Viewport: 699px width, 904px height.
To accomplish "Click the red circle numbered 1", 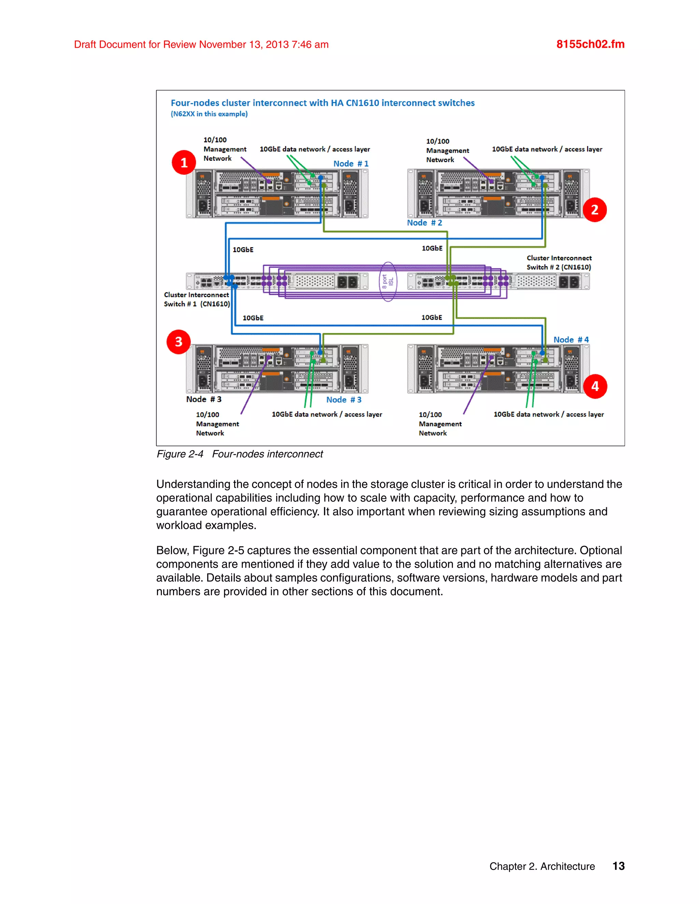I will click(x=184, y=162).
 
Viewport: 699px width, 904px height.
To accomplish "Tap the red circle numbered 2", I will click(x=595, y=209).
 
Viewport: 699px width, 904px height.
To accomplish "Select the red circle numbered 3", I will click(x=179, y=341).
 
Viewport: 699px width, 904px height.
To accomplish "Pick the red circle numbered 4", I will click(x=595, y=386).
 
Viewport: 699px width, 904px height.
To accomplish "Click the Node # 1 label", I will click(x=351, y=163).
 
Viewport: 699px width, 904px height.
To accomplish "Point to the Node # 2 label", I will click(x=425, y=223).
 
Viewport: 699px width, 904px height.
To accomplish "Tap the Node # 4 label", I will click(x=571, y=339).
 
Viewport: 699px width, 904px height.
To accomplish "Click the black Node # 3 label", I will click(x=204, y=399).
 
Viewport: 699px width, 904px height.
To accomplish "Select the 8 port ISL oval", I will click(x=388, y=281).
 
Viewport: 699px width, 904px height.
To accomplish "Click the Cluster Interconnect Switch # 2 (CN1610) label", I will click(x=559, y=262).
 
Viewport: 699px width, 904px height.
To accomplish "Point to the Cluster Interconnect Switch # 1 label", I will click(x=197, y=299).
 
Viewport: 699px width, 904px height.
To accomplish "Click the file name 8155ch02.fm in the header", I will click(x=590, y=44).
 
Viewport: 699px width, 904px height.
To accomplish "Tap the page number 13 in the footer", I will click(x=618, y=866).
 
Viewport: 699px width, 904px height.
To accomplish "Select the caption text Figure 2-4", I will click(x=180, y=454).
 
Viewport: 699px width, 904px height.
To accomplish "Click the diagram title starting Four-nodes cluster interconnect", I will click(x=323, y=103).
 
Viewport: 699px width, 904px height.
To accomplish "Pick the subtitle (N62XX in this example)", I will click(x=209, y=114).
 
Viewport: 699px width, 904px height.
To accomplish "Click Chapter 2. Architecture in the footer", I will click(x=542, y=866).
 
